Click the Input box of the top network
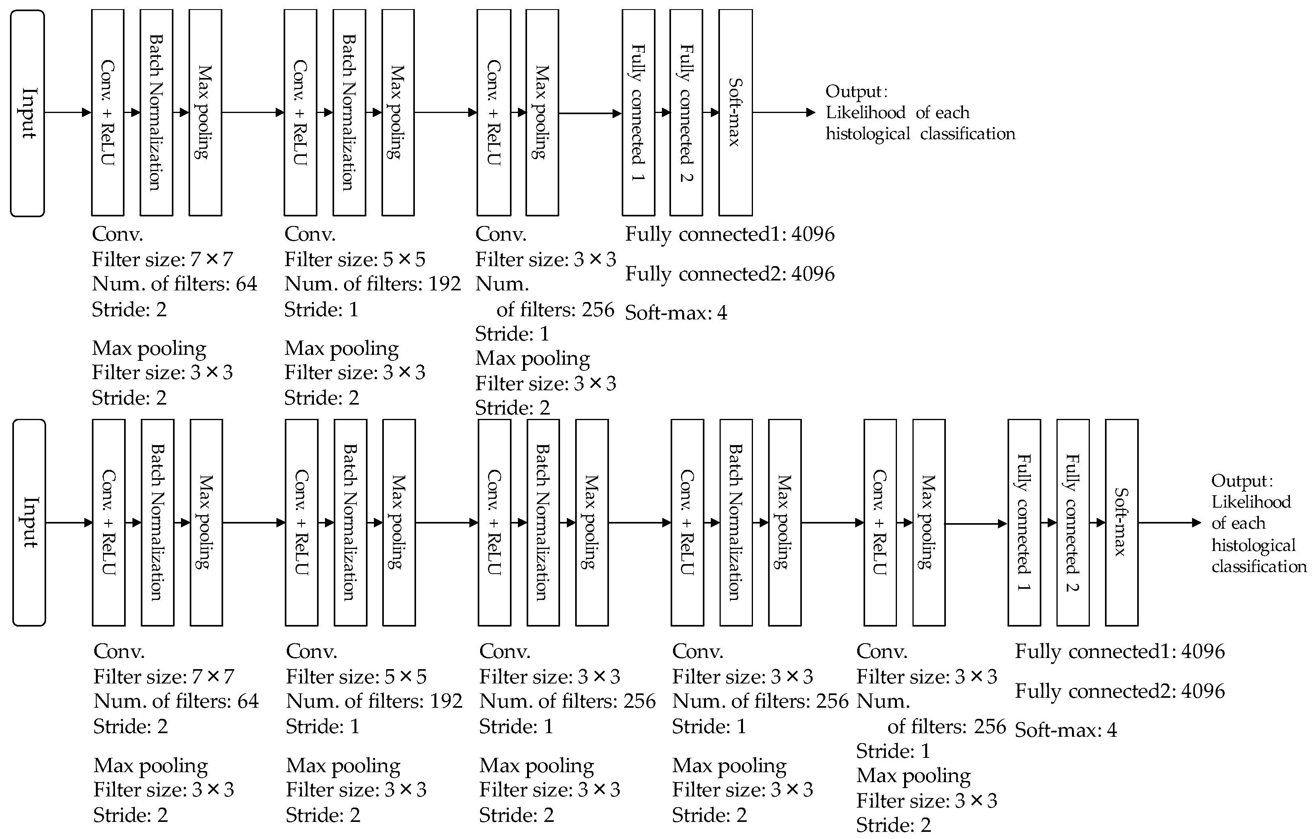(27, 113)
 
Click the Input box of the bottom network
(29, 522)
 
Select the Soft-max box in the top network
(735, 113)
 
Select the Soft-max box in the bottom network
(1121, 522)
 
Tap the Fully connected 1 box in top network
(638, 113)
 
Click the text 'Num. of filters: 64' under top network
(174, 284)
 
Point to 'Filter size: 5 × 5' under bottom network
(356, 677)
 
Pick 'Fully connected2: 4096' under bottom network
(1119, 691)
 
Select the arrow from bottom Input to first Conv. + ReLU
(69, 523)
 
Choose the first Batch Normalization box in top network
(156, 113)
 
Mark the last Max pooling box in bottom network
(928, 522)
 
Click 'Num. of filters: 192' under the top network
(372, 284)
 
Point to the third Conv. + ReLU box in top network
(494, 113)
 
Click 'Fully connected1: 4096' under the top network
(729, 234)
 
